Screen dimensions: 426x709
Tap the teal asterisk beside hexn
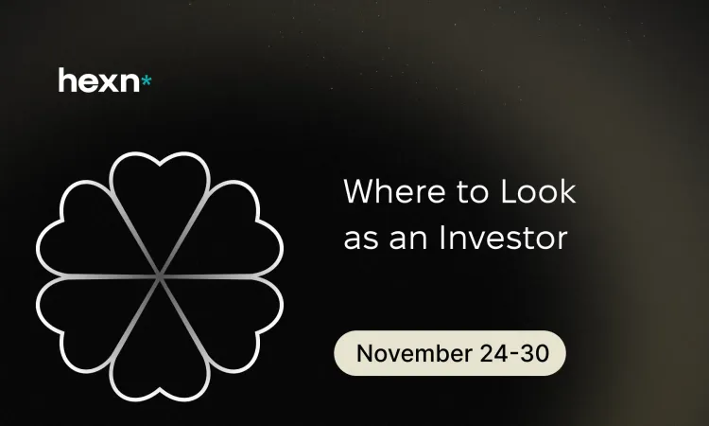(x=146, y=81)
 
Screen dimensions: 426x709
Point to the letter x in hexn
(x=105, y=82)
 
